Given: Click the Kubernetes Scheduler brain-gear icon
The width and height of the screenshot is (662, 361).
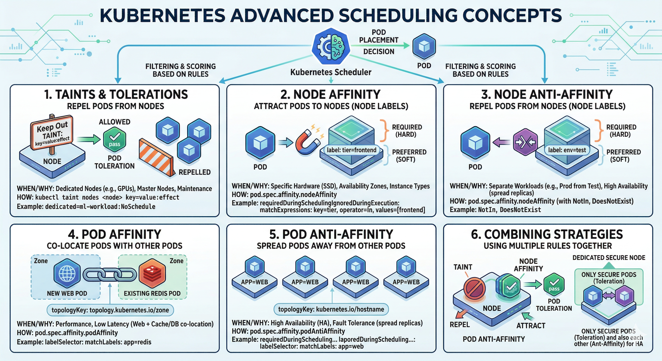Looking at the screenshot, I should [331, 46].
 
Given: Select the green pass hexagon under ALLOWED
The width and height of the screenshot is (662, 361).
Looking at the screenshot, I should [115, 140].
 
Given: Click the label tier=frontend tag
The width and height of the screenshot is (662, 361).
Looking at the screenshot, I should [351, 150].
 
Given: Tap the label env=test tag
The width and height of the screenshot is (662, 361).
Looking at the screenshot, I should [567, 150].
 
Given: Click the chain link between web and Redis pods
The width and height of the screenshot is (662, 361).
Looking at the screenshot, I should [110, 275].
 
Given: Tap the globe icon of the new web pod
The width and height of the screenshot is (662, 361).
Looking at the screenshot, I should [67, 274].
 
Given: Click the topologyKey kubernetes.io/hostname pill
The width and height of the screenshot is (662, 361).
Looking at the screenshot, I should [331, 309].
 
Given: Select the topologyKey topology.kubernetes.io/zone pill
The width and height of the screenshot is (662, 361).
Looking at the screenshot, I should [110, 310].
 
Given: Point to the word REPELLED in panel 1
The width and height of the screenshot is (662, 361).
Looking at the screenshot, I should [195, 172].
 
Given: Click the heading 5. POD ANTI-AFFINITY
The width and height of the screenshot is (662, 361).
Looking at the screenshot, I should [331, 234].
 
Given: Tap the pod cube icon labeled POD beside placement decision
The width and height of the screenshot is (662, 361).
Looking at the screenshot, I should [424, 46].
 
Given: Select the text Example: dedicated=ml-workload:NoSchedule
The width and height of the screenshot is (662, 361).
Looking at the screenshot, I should [86, 207].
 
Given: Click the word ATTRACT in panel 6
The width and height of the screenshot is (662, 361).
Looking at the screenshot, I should [531, 326].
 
